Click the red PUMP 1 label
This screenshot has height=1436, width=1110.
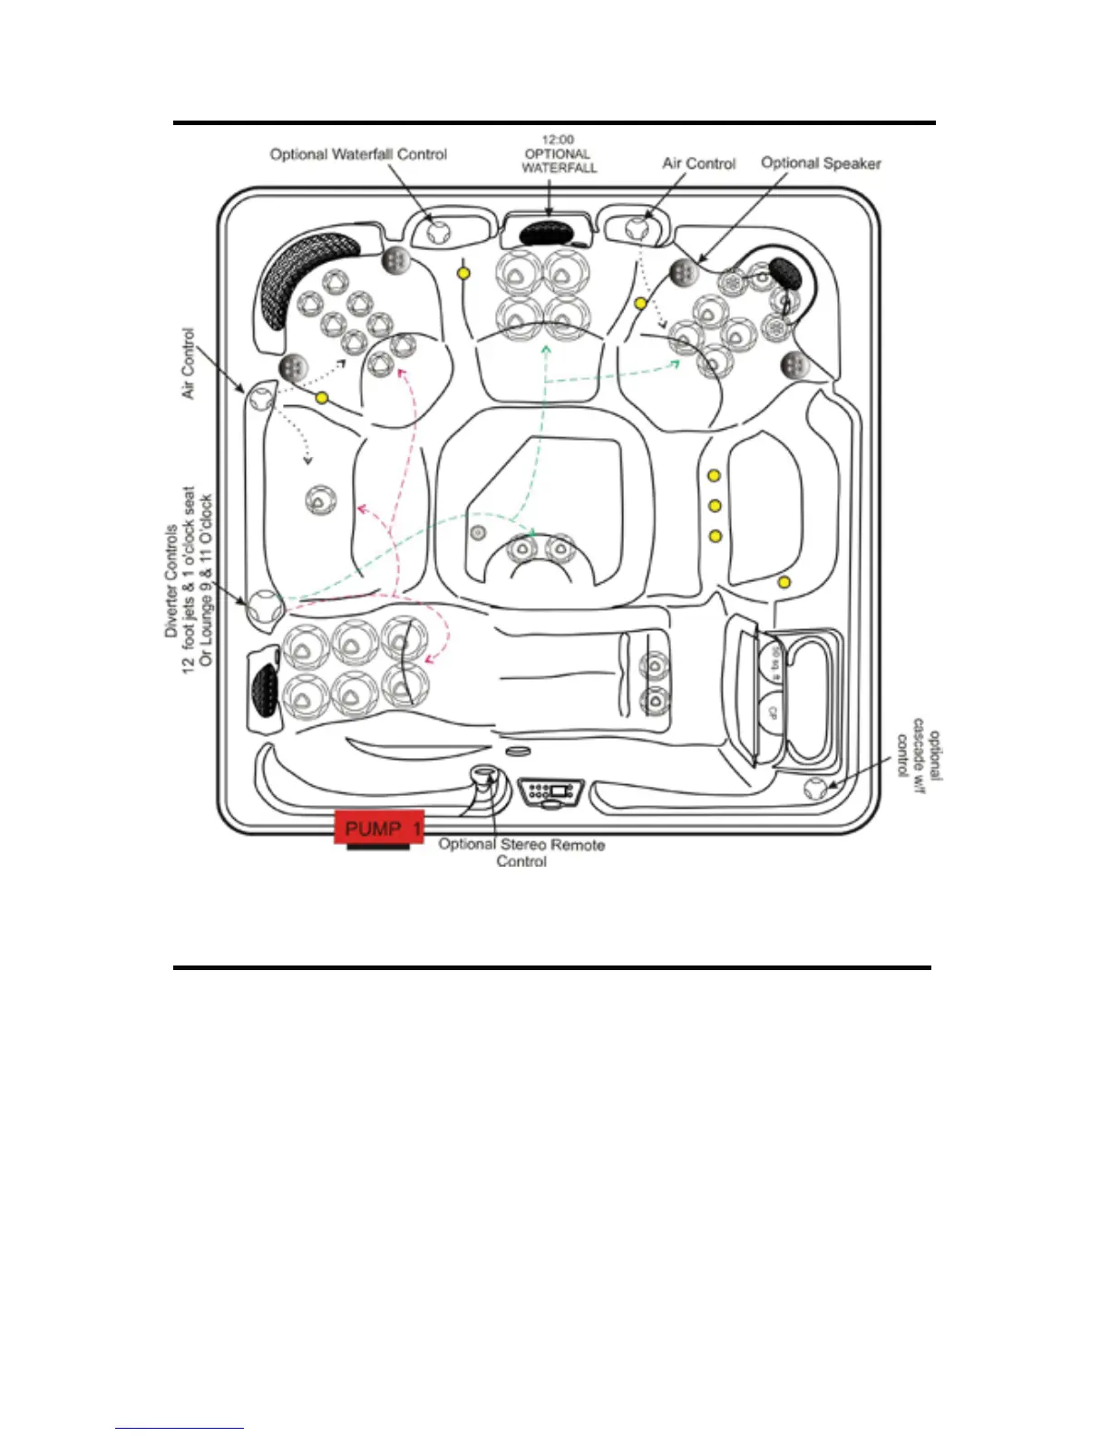(x=380, y=828)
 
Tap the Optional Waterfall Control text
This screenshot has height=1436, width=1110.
(x=358, y=154)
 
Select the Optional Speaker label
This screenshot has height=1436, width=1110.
(x=821, y=163)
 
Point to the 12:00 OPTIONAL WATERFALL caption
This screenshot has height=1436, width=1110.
(x=559, y=154)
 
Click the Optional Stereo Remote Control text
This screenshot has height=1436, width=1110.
(x=521, y=852)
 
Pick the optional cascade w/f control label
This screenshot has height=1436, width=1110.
(x=919, y=754)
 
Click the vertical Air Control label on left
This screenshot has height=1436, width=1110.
(x=188, y=363)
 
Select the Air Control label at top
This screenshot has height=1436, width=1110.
(x=698, y=163)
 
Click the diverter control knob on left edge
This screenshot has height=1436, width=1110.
(x=265, y=608)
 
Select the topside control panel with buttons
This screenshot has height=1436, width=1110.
(x=551, y=791)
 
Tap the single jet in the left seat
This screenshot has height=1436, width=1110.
(x=320, y=500)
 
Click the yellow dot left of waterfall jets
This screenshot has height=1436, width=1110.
(x=463, y=273)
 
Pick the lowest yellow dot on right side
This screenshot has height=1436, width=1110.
(x=784, y=582)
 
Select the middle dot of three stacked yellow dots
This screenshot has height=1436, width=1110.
(x=715, y=506)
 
